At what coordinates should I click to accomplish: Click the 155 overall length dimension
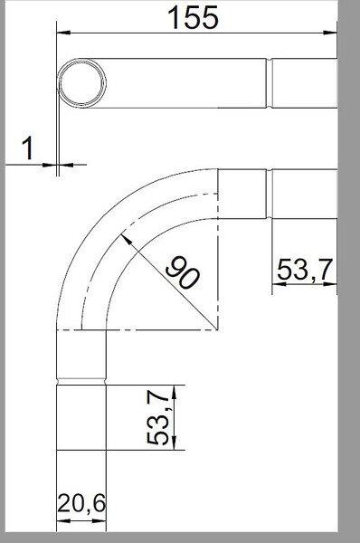pos(194,17)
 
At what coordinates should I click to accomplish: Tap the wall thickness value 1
pos(28,148)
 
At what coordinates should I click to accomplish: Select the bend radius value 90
pos(183,272)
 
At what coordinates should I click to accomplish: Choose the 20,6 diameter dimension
pos(81,503)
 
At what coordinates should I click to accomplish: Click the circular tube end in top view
pos(82,83)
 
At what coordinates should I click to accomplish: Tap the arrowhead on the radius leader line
pos(126,240)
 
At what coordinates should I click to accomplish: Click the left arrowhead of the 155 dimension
pos(63,33)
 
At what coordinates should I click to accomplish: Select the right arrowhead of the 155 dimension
pos(330,33)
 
